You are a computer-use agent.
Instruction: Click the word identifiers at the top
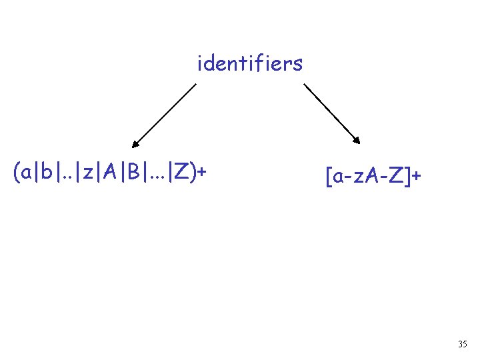[x=250, y=64]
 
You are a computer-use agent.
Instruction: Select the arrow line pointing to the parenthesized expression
[x=165, y=113]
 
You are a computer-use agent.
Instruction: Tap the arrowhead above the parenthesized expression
[x=135, y=142]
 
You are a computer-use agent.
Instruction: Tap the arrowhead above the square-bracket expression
[x=357, y=140]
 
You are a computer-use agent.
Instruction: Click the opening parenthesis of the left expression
[x=16, y=173]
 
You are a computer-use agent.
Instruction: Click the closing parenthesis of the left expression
[x=193, y=173]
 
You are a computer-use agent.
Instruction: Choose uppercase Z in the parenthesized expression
[x=180, y=173]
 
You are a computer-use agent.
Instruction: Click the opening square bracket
[x=328, y=177]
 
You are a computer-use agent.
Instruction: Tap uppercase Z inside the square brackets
[x=396, y=177]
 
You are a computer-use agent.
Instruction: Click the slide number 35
[x=463, y=344]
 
